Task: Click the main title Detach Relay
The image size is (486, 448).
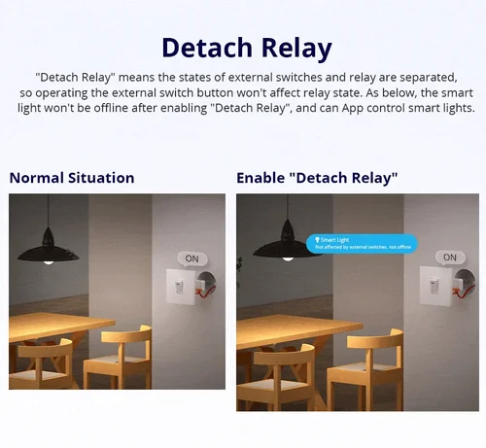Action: click(x=246, y=48)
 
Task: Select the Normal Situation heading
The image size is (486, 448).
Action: click(x=72, y=178)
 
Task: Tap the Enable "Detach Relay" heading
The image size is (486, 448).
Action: click(x=317, y=178)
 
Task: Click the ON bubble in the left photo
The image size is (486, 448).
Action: click(x=191, y=258)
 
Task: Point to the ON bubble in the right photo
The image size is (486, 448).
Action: click(x=448, y=258)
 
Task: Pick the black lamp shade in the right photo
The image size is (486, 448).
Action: click(x=282, y=245)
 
